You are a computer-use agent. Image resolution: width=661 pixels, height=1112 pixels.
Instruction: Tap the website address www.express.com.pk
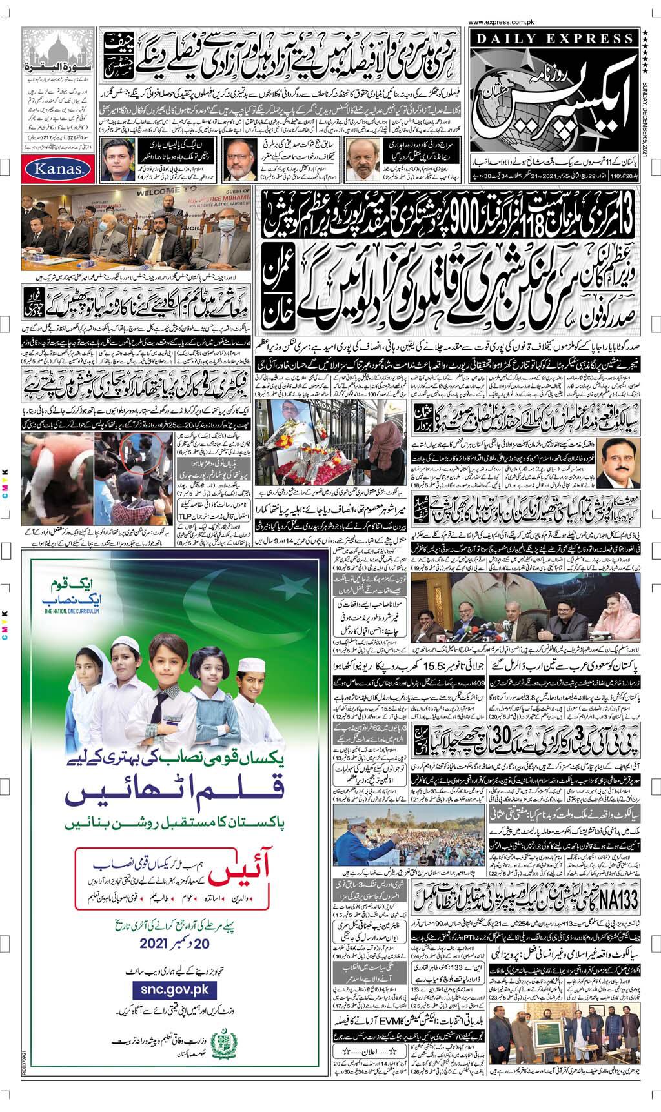click(x=552, y=21)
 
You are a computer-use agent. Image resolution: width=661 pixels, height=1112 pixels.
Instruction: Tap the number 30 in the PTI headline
click(x=502, y=738)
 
